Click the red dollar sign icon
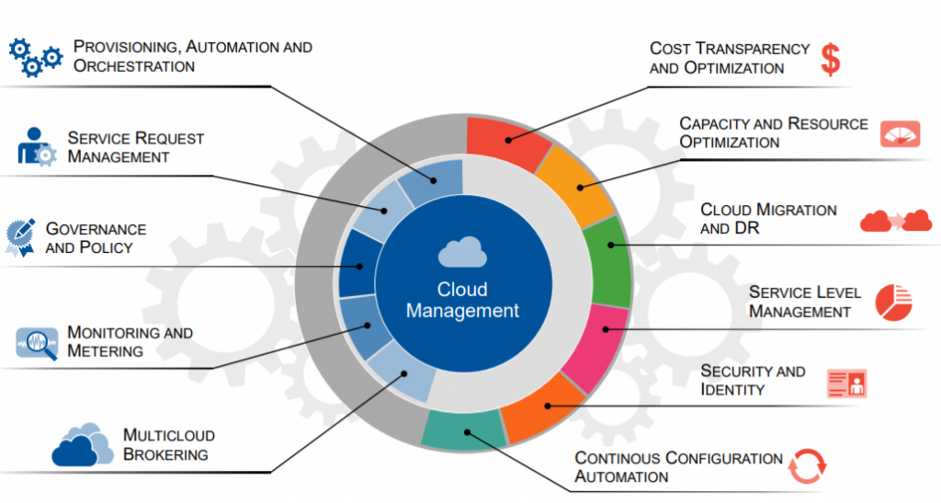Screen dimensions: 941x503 click(831, 60)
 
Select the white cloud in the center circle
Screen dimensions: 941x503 click(462, 252)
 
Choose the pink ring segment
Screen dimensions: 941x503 click(595, 347)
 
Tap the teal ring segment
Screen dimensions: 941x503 click(463, 429)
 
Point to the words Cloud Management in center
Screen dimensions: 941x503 click(462, 300)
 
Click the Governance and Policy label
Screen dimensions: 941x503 click(96, 237)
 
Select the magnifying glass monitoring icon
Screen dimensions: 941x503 click(37, 343)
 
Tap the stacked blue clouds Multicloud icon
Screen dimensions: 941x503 click(82, 445)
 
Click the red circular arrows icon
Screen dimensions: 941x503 click(807, 466)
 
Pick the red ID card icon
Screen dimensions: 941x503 click(846, 383)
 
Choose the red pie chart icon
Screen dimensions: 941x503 click(893, 303)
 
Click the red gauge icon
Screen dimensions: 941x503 click(901, 134)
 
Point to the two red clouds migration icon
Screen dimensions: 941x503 click(895, 221)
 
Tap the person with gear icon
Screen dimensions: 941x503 click(36, 146)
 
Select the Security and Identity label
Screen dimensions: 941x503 click(753, 380)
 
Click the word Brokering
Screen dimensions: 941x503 click(165, 454)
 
